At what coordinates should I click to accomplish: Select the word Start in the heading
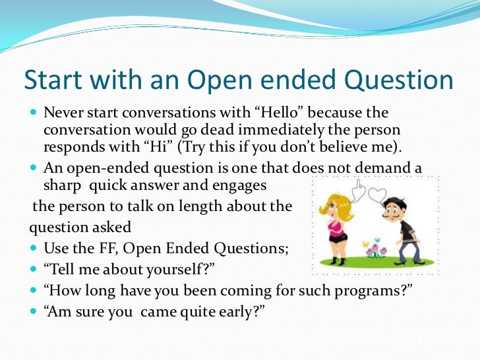[x=53, y=80]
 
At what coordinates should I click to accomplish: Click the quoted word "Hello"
[x=278, y=112]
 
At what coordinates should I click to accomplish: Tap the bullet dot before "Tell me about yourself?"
[x=34, y=269]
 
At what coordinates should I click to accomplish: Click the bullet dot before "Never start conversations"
[x=34, y=112]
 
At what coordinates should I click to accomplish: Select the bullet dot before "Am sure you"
[x=34, y=311]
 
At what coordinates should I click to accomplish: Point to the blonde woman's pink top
[x=338, y=227]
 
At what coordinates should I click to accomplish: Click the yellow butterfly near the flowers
[x=366, y=245]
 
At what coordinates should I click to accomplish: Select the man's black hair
[x=395, y=202]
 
